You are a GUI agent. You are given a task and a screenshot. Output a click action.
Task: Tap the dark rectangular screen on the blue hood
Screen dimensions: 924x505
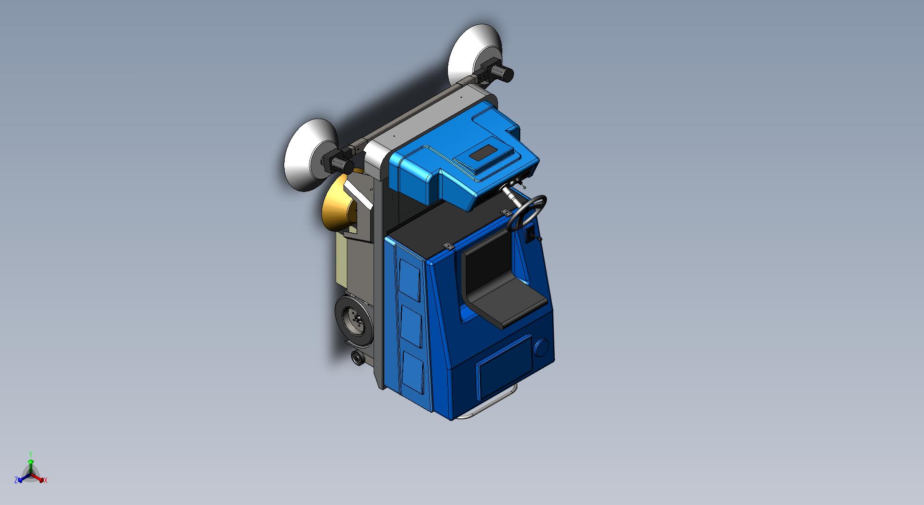484,154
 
